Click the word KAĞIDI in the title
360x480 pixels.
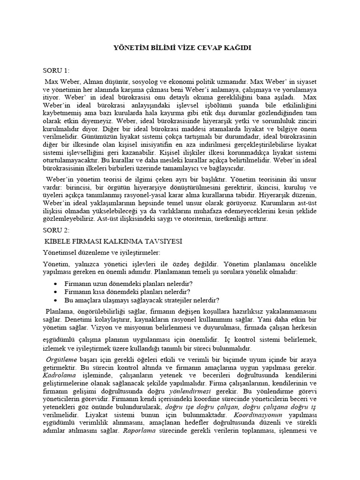pyautogui.click(x=238, y=48)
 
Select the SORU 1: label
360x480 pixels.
pyautogui.click(x=56, y=71)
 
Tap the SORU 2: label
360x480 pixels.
pyautogui.click(x=56, y=231)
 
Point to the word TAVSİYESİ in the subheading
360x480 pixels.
pyautogui.click(x=163, y=241)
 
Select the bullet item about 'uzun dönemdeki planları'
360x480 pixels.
pyautogui.click(x=128, y=284)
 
